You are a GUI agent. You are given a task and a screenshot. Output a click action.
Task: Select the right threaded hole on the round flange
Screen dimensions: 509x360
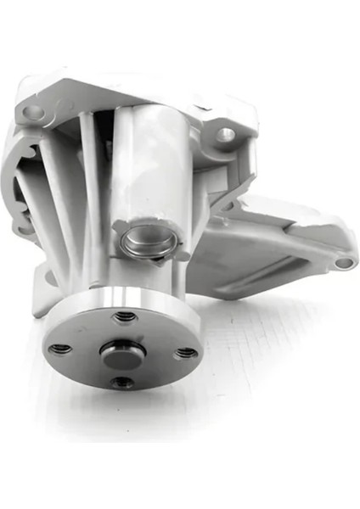tap(187, 351)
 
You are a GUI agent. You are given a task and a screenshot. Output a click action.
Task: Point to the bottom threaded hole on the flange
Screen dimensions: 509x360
tap(122, 383)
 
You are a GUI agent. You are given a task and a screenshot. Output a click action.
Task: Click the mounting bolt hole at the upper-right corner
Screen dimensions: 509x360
tap(224, 133)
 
